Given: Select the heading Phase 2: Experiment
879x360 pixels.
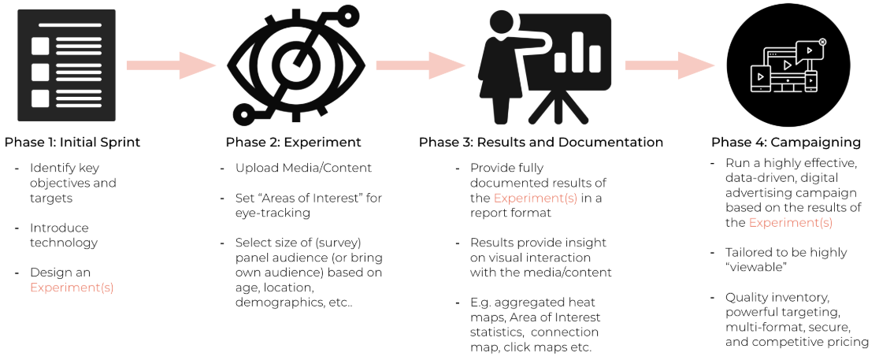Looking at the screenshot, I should point(293,143).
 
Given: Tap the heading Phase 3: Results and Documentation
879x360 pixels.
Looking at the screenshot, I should point(540,143).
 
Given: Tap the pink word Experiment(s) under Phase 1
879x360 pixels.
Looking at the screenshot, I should point(72,288).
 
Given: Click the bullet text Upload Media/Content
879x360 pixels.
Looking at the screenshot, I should point(292,168).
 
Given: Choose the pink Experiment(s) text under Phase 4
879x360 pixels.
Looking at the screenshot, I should point(790,223).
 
